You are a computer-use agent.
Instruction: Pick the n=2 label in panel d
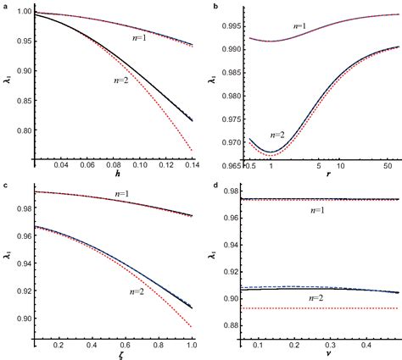point(312,298)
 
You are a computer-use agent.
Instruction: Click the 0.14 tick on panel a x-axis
point(193,165)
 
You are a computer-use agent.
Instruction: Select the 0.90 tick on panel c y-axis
point(20,318)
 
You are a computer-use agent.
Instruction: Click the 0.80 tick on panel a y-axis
point(20,131)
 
